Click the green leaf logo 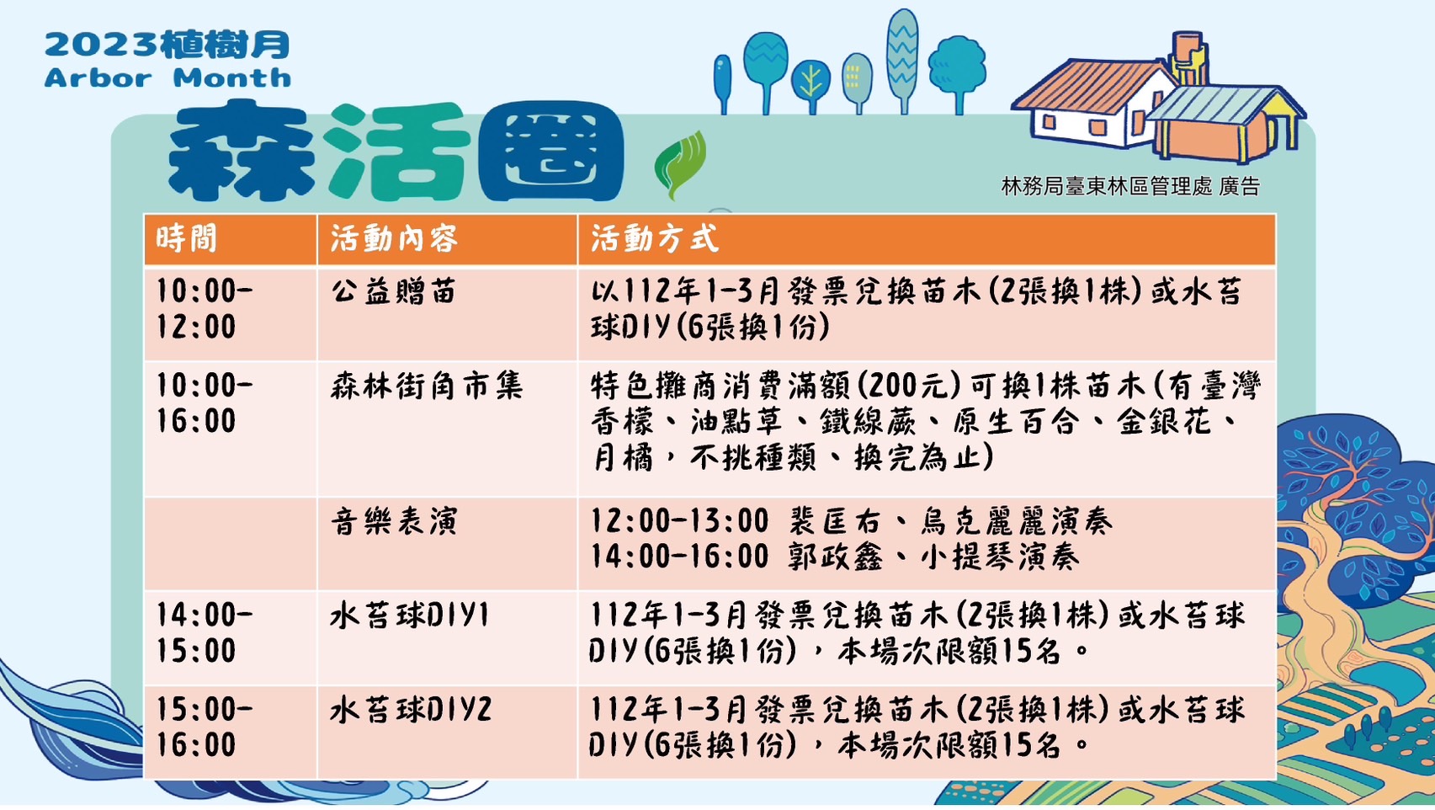pyautogui.click(x=680, y=164)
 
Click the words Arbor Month pyautogui.click(x=167, y=78)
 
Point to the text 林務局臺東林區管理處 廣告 pyautogui.click(x=1130, y=186)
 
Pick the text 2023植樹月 pyautogui.click(x=167, y=45)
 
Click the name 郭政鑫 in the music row pyautogui.click(x=836, y=557)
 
